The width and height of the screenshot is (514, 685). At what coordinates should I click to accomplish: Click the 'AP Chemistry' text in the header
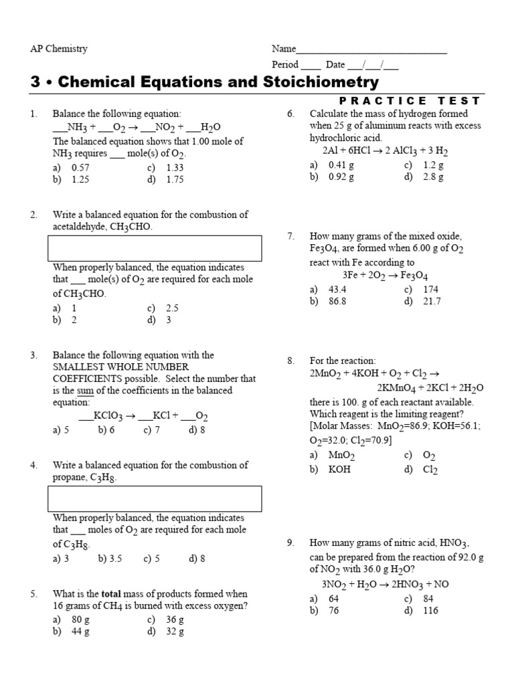pyautogui.click(x=59, y=49)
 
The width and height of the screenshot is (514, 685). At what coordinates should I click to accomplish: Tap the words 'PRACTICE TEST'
pyautogui.click(x=410, y=100)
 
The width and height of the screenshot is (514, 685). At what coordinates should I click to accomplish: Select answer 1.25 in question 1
pyautogui.click(x=80, y=179)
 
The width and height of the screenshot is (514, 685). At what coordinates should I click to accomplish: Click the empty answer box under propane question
pyautogui.click(x=154, y=498)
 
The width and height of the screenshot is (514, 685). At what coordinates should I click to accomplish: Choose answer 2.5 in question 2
pyautogui.click(x=172, y=308)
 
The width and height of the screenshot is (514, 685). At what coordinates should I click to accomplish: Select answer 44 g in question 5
pyautogui.click(x=80, y=631)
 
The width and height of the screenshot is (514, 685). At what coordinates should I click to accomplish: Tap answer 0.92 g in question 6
pyautogui.click(x=341, y=177)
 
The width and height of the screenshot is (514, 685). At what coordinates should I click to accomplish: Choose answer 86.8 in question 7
pyautogui.click(x=337, y=301)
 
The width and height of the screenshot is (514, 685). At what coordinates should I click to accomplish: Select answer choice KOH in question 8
pyautogui.click(x=339, y=470)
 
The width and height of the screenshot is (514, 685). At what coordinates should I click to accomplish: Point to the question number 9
pyautogui.click(x=290, y=543)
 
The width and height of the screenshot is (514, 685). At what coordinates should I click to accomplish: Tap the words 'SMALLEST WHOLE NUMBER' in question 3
pyautogui.click(x=120, y=367)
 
